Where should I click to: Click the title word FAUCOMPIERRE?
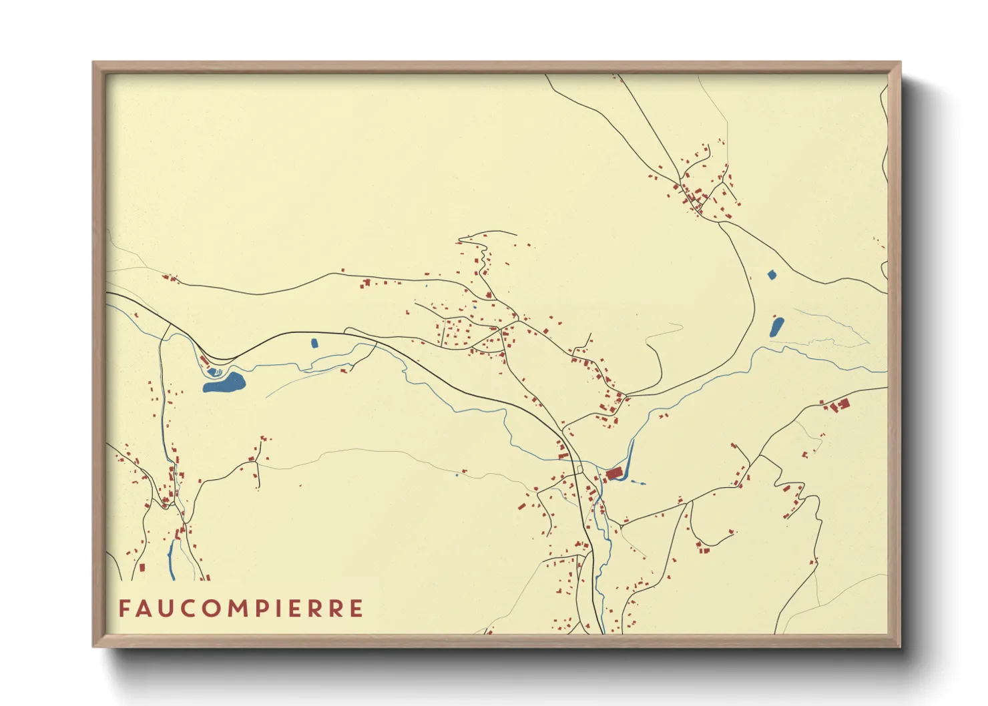[241, 609]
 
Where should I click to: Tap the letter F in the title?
[124, 609]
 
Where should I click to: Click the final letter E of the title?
[356, 609]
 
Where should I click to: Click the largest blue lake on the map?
[225, 383]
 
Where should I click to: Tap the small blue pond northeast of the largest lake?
[314, 343]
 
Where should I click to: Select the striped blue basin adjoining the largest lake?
[214, 371]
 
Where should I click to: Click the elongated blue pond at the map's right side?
[776, 327]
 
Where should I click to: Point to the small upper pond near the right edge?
[772, 274]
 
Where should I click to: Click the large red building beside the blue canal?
[614, 474]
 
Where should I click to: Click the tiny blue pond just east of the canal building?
[642, 482]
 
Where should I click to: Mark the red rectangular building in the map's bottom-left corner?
[142, 568]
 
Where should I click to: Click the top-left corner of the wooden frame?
[94, 63]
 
